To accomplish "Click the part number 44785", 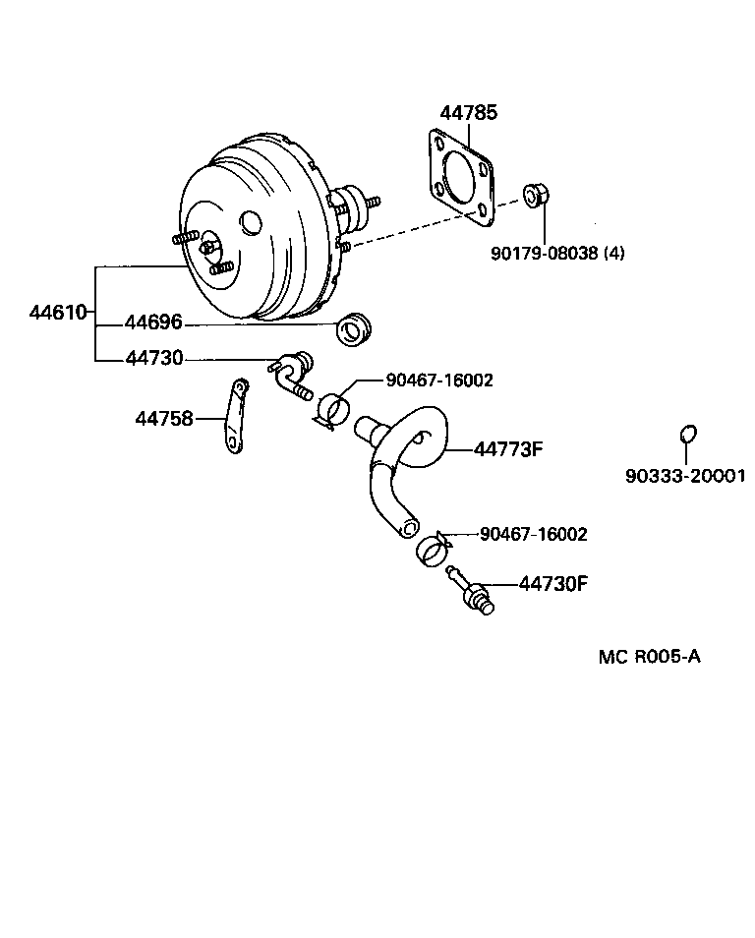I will click(x=468, y=113).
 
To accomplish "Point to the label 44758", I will click(x=163, y=419).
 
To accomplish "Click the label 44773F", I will click(x=508, y=449).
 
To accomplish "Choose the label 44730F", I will click(x=552, y=584).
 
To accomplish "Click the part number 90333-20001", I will click(x=685, y=477).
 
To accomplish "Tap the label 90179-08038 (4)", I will click(x=557, y=253).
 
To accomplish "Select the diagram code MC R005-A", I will click(x=649, y=656).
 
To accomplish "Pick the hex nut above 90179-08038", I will click(x=535, y=196).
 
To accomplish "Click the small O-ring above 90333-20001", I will click(x=689, y=433).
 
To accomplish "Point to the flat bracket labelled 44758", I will click(x=234, y=417).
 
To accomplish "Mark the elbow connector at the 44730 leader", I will click(x=291, y=375).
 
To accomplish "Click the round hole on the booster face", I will click(x=251, y=223).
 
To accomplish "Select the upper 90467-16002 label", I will click(x=425, y=380).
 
